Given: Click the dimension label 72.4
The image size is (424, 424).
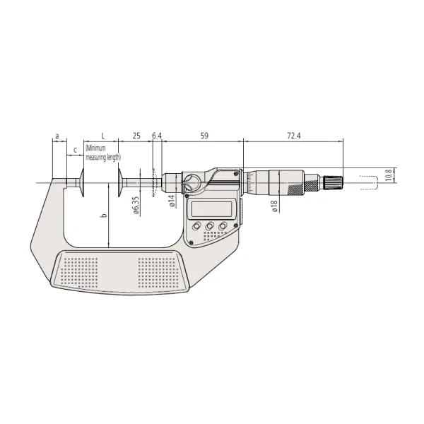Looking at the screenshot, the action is coord(294,136).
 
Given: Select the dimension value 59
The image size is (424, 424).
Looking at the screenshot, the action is coord(204,136).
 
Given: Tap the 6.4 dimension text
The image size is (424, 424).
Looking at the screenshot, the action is coord(157,136).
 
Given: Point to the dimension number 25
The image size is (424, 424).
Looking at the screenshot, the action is coord(136,136).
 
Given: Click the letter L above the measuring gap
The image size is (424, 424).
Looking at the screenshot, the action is coord(102,136).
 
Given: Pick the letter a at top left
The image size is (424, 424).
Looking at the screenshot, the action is coord(57,136).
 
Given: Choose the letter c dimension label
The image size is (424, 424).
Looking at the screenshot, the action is coord(76,150).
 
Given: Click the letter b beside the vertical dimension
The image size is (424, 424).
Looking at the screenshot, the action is coord(104,216).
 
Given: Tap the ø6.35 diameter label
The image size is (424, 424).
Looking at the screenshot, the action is coord(136,206).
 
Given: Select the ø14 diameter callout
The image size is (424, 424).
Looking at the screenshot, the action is coord(172,201).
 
